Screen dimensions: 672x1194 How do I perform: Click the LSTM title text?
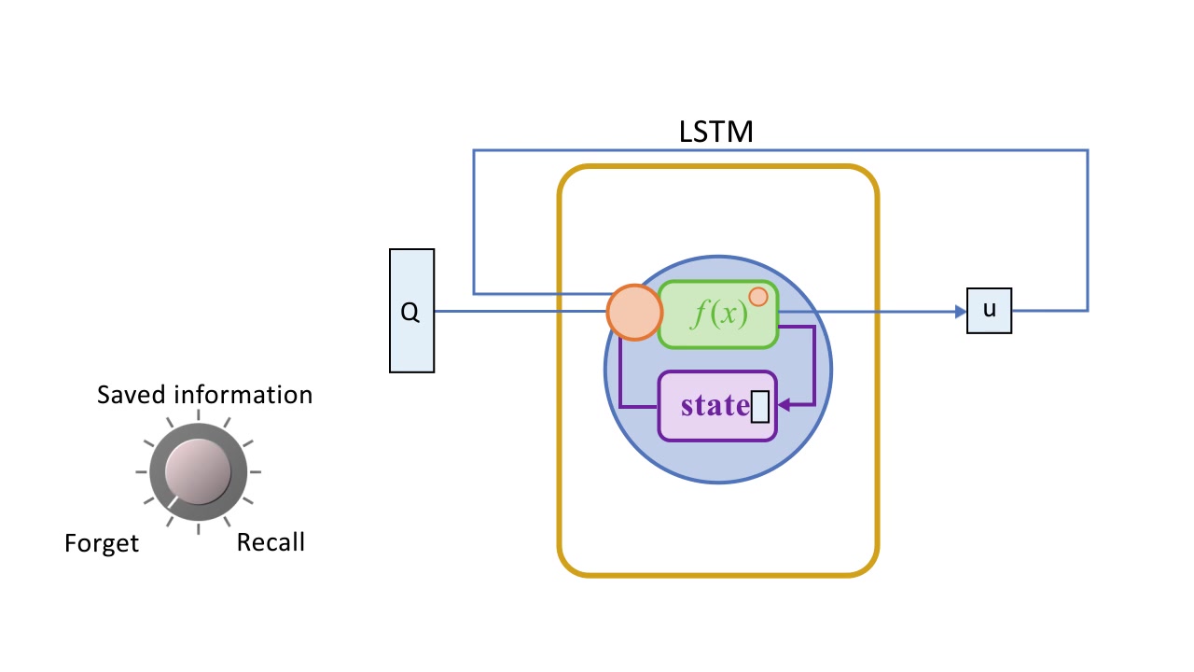(x=715, y=133)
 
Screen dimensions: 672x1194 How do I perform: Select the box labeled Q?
(x=411, y=311)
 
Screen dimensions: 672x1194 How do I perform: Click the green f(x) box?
(x=717, y=315)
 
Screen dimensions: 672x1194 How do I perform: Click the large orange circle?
(x=634, y=311)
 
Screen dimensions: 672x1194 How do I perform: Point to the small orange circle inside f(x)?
(x=758, y=297)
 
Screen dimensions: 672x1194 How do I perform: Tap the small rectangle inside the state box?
(x=760, y=407)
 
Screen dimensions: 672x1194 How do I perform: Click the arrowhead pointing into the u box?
(x=960, y=312)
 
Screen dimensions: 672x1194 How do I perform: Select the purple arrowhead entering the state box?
(x=783, y=405)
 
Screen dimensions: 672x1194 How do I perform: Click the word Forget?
(x=102, y=543)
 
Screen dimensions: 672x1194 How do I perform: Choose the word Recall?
(x=271, y=541)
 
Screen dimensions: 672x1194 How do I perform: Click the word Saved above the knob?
(x=131, y=395)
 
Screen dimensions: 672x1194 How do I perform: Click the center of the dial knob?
(x=197, y=471)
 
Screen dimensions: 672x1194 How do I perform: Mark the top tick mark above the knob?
(x=198, y=417)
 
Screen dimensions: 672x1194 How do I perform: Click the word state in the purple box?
(x=715, y=406)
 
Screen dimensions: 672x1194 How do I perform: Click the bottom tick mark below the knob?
(x=198, y=529)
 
